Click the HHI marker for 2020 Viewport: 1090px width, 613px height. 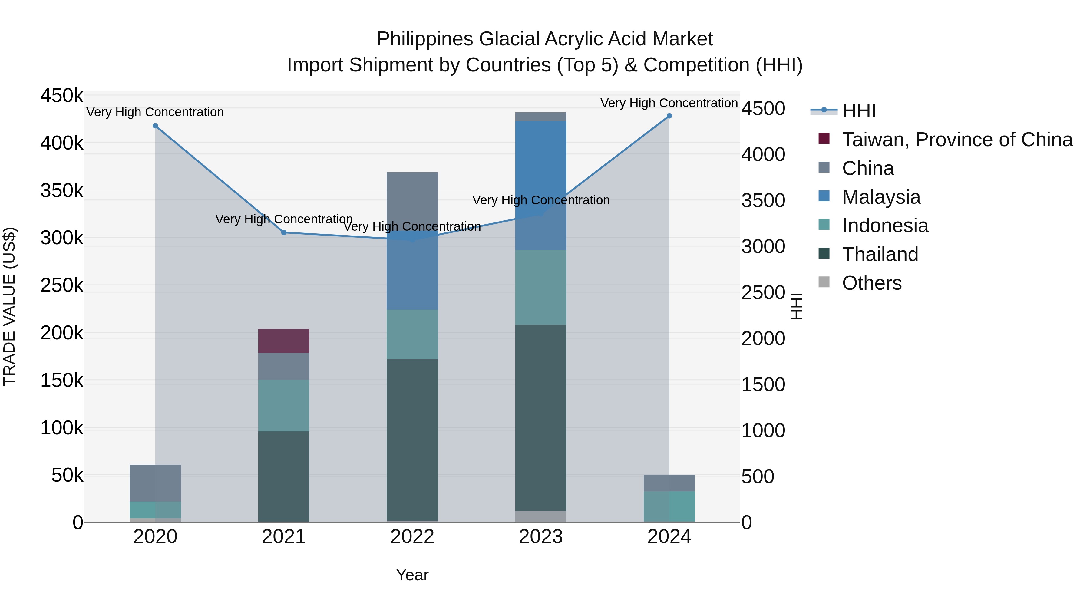pyautogui.click(x=155, y=126)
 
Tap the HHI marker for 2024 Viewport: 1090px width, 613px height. pyautogui.click(x=669, y=116)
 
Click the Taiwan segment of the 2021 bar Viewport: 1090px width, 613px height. pyautogui.click(x=284, y=341)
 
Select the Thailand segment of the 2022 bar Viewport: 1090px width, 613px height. pyautogui.click(x=412, y=440)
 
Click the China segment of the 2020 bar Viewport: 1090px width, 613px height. pyautogui.click(x=155, y=483)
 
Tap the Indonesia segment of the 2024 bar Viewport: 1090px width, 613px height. pyautogui.click(x=669, y=506)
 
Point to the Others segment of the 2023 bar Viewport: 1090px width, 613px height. pyautogui.click(x=541, y=516)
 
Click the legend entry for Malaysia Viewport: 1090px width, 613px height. pyautogui.click(x=881, y=197)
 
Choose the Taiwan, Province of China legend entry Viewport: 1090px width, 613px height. pyautogui.click(x=957, y=140)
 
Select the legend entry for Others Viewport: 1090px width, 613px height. pyautogui.click(x=872, y=283)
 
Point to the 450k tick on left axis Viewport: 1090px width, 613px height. pyautogui.click(x=62, y=96)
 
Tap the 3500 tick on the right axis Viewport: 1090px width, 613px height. pyautogui.click(x=763, y=200)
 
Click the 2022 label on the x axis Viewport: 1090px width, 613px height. pyautogui.click(x=412, y=537)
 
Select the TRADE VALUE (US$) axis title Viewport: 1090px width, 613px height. pyautogui.click(x=9, y=306)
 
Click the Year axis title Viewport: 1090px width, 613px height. pyautogui.click(x=412, y=575)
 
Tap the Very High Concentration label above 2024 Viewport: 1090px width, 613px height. pyautogui.click(x=669, y=103)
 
